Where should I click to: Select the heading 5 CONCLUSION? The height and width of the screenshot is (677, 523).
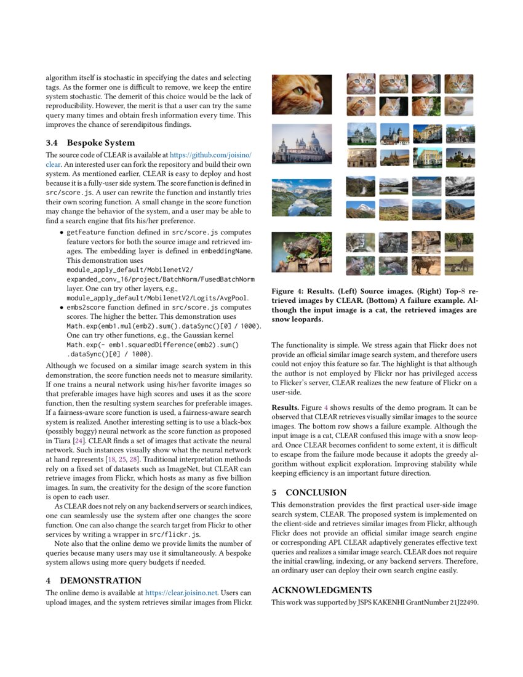[x=309, y=492]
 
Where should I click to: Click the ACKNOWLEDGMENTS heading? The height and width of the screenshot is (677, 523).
[x=321, y=590]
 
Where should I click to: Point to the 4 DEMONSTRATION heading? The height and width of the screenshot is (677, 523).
[x=94, y=580]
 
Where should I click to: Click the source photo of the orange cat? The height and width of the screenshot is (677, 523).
[x=301, y=95]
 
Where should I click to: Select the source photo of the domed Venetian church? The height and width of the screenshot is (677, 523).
[x=301, y=146]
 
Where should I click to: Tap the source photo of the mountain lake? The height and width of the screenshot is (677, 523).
[x=301, y=199]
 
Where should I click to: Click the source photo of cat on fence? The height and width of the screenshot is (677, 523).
[x=301, y=252]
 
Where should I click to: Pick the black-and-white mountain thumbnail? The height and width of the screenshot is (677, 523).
[x=460, y=186]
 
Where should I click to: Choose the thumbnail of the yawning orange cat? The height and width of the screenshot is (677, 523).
[x=361, y=106]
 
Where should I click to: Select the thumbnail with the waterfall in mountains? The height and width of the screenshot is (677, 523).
[x=361, y=186]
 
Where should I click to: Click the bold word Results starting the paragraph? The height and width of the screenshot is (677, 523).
[x=285, y=407]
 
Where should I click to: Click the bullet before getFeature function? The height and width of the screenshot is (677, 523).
[x=62, y=233]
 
